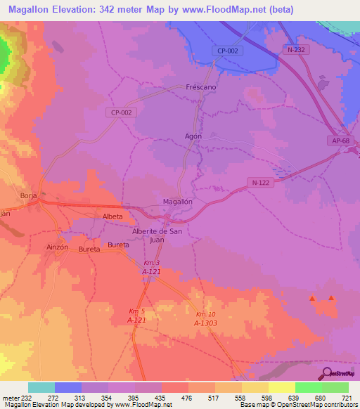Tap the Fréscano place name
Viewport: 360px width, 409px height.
point(201,89)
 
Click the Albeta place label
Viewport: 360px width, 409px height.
point(112,216)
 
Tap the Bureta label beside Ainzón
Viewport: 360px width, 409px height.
point(89,249)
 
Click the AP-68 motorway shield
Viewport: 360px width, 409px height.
point(339,141)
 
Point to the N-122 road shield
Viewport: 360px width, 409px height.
point(260,181)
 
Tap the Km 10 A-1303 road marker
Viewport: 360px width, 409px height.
point(205,318)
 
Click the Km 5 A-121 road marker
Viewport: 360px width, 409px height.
point(136,316)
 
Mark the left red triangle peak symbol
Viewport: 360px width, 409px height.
point(312,299)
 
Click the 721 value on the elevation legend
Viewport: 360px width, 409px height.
point(347,398)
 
